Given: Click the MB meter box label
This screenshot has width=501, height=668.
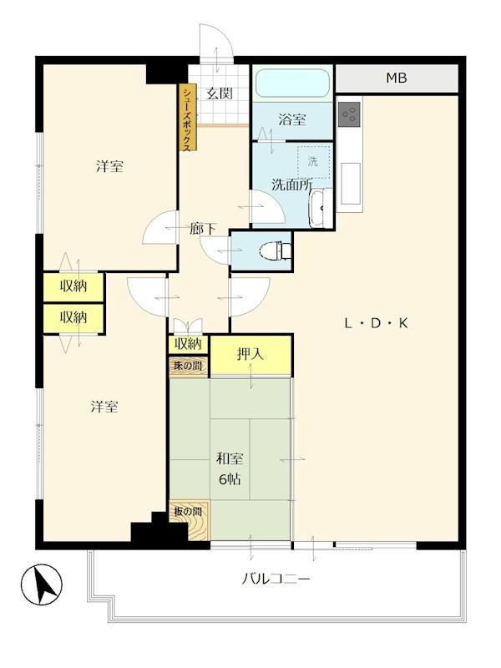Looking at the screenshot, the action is click(396, 78).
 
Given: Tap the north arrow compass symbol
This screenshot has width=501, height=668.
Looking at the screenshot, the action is click(41, 584).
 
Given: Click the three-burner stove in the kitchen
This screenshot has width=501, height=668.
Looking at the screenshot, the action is click(349, 114).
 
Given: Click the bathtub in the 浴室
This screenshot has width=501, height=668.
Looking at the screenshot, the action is click(293, 83).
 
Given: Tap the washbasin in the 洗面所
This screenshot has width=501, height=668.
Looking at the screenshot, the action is click(320, 209).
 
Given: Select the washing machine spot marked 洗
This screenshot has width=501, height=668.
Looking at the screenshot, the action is click(314, 162).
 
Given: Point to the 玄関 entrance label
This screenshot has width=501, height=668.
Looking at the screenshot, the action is click(220, 94).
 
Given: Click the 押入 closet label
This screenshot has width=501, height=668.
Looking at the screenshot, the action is click(250, 353).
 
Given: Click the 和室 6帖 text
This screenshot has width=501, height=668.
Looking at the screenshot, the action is click(230, 469).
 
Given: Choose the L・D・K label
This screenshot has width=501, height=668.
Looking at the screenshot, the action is click(376, 323).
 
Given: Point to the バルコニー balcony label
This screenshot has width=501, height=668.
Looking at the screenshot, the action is click(276, 579).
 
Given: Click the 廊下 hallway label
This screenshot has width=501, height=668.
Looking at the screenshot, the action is click(202, 229).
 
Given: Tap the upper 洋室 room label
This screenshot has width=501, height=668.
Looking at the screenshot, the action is click(109, 166).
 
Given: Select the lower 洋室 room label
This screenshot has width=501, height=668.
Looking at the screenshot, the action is click(104, 407).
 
